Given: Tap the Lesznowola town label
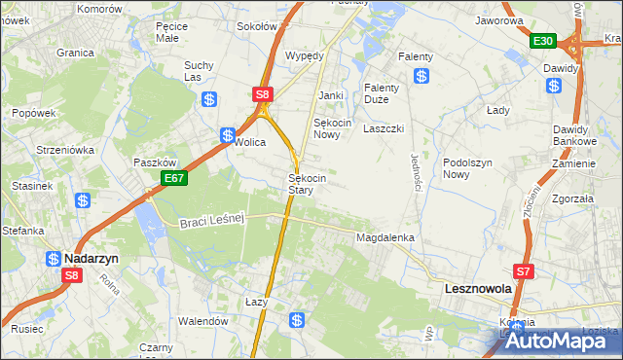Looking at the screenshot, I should coord(477,289).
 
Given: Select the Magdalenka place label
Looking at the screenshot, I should coord(385,237).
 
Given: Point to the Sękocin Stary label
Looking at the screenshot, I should coord(307,184).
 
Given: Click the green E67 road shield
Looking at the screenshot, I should coord(174,178).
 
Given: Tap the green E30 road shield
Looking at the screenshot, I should coord(543,41).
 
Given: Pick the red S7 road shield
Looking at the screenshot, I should coord(524,271).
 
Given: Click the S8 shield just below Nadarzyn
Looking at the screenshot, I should coord(71,275).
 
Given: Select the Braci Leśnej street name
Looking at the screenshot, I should coord(210,223).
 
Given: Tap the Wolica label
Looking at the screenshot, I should coord(250,142).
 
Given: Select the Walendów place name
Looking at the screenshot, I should coord(202,320).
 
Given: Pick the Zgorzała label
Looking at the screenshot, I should coord(572,197).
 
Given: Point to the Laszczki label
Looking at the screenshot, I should coord(384,128).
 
